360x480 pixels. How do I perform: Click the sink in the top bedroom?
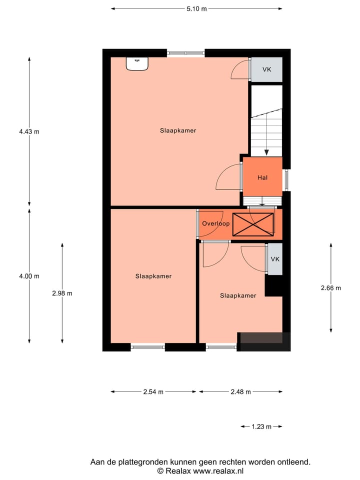(136, 63)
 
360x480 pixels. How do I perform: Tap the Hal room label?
(262, 177)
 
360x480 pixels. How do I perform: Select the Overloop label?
(215, 223)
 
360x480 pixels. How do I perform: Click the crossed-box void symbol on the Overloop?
(254, 223)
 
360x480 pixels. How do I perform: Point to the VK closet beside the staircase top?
(266, 69)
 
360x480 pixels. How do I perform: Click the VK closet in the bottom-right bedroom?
(274, 259)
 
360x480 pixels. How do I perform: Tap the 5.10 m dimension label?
(196, 8)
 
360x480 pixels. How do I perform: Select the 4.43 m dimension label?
(29, 131)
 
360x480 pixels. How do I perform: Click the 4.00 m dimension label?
(29, 276)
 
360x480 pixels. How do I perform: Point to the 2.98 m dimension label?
(62, 293)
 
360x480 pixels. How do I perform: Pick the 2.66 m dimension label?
(330, 287)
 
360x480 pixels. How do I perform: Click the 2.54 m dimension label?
(153, 392)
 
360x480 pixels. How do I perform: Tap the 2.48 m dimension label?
(240, 392)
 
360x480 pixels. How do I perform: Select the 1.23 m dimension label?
(261, 426)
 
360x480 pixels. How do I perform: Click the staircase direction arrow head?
(266, 153)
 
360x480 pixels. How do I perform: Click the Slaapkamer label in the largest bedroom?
(177, 130)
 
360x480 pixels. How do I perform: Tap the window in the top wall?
(185, 53)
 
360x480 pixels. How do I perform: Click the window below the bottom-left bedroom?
(147, 346)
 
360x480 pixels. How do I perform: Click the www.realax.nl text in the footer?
(218, 470)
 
